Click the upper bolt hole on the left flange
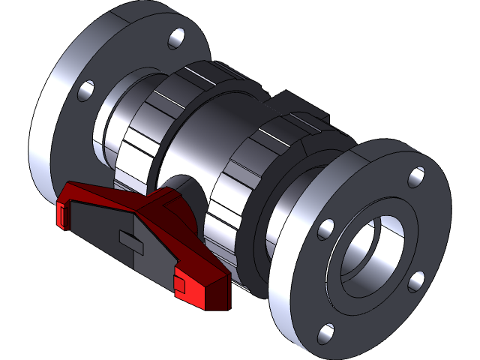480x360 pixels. click(178, 37)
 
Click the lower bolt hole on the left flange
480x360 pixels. click(85, 91)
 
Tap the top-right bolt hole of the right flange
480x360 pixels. click(416, 178)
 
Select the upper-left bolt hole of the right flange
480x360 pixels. click(325, 229)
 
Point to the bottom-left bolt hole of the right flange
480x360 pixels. click(324, 332)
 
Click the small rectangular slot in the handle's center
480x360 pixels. click(130, 241)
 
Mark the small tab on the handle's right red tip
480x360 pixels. click(179, 283)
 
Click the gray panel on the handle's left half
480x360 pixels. click(97, 225)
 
